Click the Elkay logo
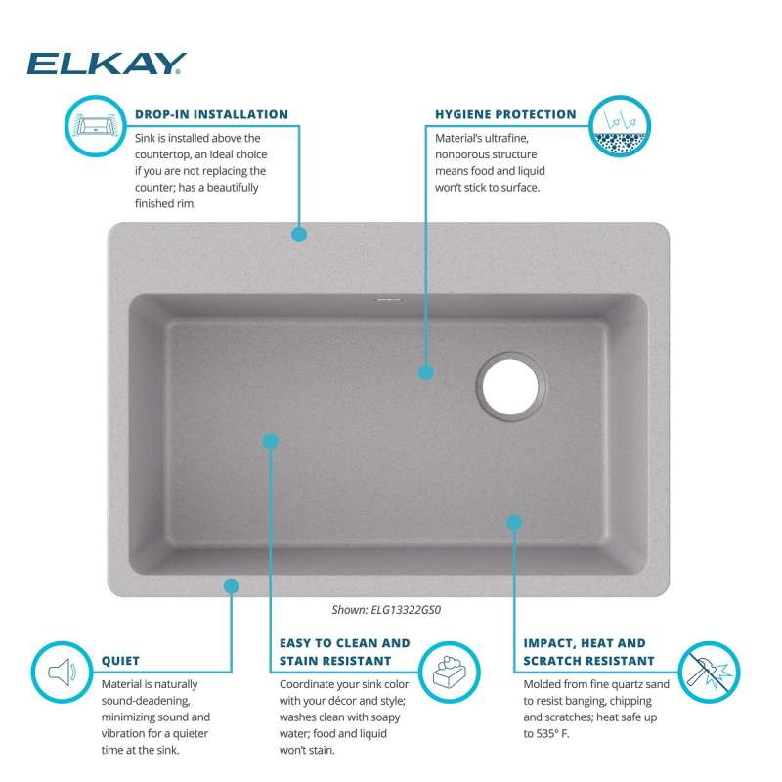[107, 64]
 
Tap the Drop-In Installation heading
[211, 114]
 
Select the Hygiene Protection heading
[505, 114]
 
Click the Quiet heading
[120, 661]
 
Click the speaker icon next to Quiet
[63, 672]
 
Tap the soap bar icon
[450, 672]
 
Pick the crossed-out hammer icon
[710, 672]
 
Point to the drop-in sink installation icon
[95, 126]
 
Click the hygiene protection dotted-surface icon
[620, 126]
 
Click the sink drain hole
[510, 387]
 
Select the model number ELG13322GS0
[406, 609]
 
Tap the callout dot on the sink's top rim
[299, 235]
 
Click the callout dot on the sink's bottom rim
[231, 586]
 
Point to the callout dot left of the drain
[425, 372]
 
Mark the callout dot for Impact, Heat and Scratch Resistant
[514, 522]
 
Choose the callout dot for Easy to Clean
[270, 441]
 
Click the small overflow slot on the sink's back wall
[388, 300]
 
